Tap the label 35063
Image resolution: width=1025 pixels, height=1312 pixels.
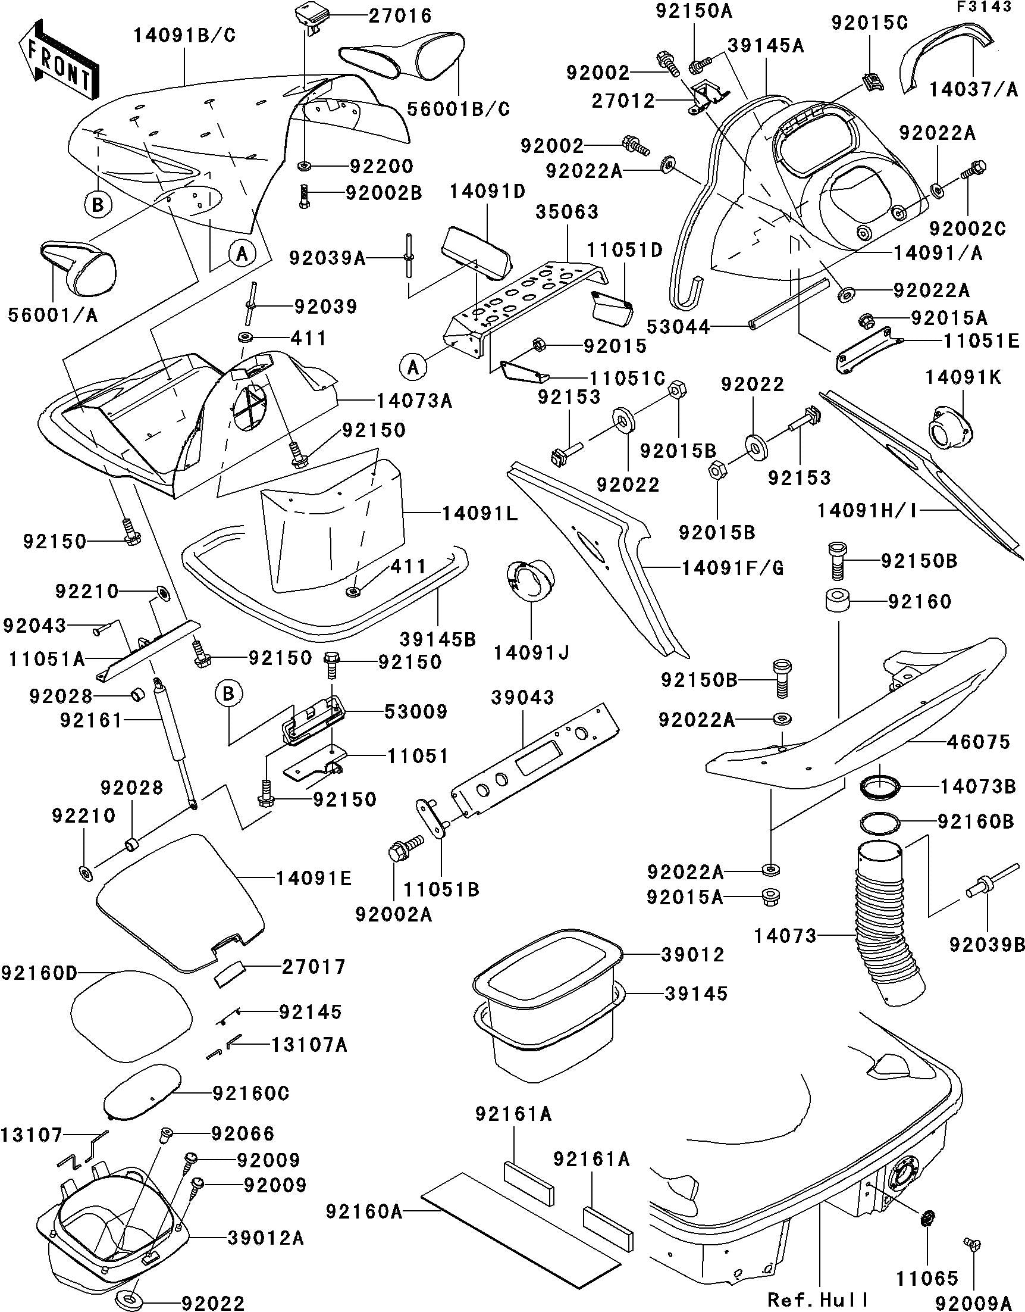(567, 212)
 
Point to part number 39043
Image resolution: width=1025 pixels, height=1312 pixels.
(522, 698)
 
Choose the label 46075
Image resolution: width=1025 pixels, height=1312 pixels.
(978, 742)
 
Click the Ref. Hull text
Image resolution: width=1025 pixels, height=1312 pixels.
(818, 1299)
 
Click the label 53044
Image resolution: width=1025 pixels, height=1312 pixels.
(678, 327)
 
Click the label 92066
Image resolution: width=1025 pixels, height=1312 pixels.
(243, 1133)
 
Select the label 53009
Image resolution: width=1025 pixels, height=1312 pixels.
(415, 712)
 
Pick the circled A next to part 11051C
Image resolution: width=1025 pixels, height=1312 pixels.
(413, 367)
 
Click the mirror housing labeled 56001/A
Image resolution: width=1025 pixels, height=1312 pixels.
(78, 268)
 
